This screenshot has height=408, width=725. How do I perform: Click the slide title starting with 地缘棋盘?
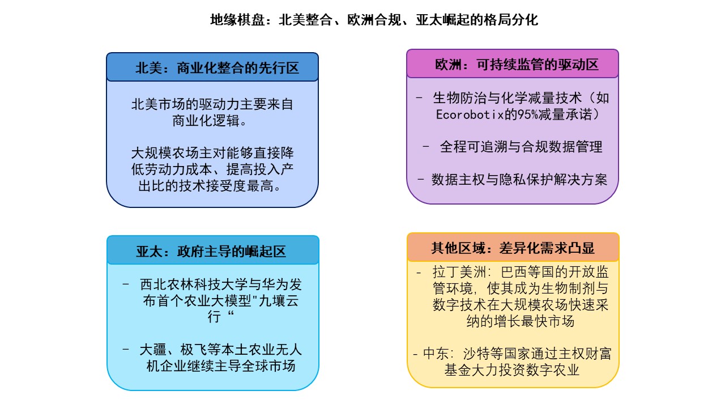click(374, 20)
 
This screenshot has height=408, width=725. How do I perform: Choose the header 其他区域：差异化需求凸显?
click(512, 248)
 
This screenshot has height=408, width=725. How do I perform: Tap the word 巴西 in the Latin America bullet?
click(498, 273)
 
